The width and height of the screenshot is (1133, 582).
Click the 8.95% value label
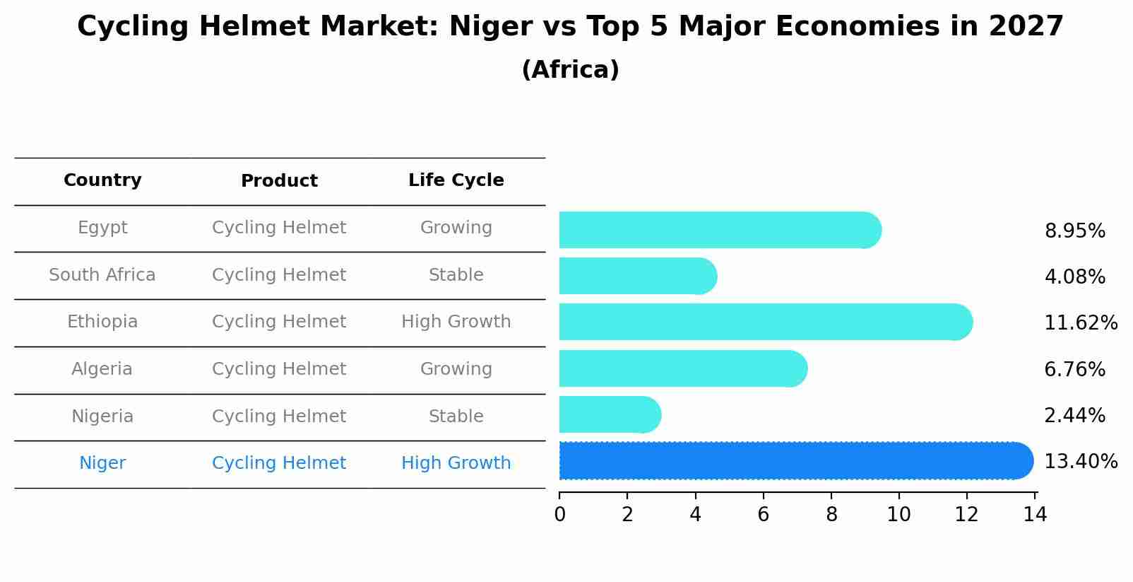coord(1074,231)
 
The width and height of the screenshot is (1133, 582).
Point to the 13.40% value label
coord(1080,462)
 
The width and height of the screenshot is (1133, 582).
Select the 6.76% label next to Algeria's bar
coord(1074,369)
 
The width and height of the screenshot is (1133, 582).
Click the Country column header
coord(102,180)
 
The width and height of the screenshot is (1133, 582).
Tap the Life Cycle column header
coord(456,180)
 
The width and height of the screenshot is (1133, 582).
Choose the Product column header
coord(279,181)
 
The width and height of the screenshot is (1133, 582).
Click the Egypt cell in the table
coord(102,228)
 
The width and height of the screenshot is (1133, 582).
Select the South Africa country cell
coord(102,275)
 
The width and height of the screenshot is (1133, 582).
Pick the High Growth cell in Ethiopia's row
coord(456,322)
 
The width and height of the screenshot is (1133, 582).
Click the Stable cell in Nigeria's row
coord(456,417)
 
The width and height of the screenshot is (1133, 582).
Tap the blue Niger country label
coord(102,463)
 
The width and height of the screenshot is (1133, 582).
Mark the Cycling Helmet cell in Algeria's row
coord(279,369)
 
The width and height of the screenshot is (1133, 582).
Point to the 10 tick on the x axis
coord(898,515)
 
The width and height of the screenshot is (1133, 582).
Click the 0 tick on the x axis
coord(559,515)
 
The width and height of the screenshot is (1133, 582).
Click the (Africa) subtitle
coord(570,70)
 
